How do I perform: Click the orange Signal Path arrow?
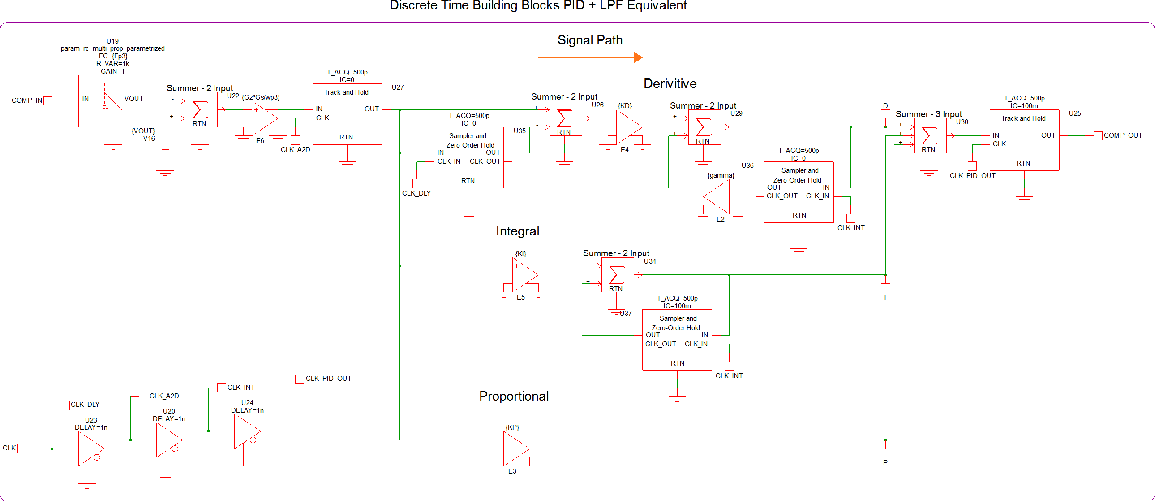590,57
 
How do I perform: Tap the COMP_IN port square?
48,101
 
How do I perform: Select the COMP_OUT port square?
1098,135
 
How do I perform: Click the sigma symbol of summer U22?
200,109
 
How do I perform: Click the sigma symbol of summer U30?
929,135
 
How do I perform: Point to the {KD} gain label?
625,106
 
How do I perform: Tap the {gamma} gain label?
721,175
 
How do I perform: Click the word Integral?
517,231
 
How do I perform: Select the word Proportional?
514,396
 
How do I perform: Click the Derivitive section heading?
670,83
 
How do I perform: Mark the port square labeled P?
885,453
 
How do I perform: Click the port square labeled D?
885,114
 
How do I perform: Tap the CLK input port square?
22,449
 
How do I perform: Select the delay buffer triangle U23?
90,449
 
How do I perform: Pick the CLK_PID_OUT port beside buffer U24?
300,379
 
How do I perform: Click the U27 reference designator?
398,87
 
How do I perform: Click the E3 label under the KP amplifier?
512,471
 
